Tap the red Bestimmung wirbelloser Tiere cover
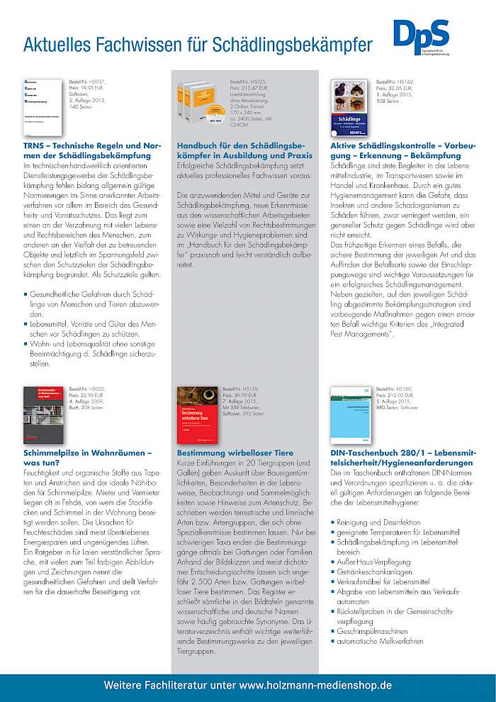tap(196, 412)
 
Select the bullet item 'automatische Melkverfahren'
tap(381, 641)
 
